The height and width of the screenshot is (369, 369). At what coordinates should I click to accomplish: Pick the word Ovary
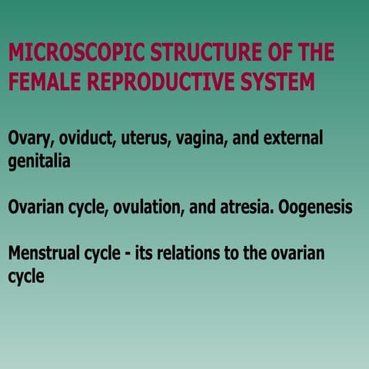point(29,139)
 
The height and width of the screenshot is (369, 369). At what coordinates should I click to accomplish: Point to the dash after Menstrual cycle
point(125,254)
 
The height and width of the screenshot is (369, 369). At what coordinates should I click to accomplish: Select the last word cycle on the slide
point(25,277)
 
